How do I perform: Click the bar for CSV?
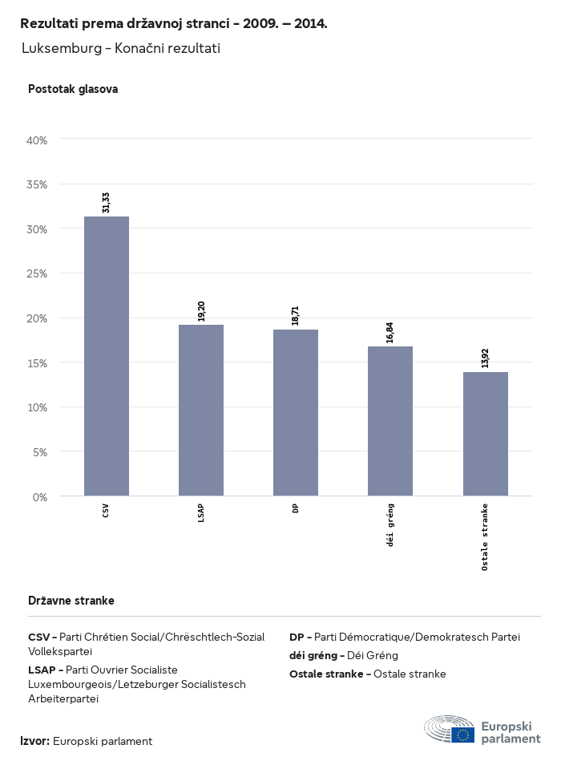point(107,356)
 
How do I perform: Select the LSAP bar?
point(201,410)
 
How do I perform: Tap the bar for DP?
point(296,412)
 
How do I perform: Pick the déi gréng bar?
point(390,421)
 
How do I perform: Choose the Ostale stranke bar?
point(486,434)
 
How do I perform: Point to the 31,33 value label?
point(107,203)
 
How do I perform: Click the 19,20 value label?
point(201,311)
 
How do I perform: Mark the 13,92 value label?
point(486,358)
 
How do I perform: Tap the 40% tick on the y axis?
point(38,140)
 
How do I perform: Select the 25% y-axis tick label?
point(38,273)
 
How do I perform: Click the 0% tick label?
point(40,497)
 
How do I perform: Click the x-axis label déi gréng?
point(390,525)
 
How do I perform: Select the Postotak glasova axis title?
point(73,89)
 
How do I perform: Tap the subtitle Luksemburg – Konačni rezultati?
point(121,49)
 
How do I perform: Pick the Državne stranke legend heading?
point(71,601)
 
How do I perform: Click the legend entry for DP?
point(405,638)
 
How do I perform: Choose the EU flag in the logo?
point(462,735)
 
